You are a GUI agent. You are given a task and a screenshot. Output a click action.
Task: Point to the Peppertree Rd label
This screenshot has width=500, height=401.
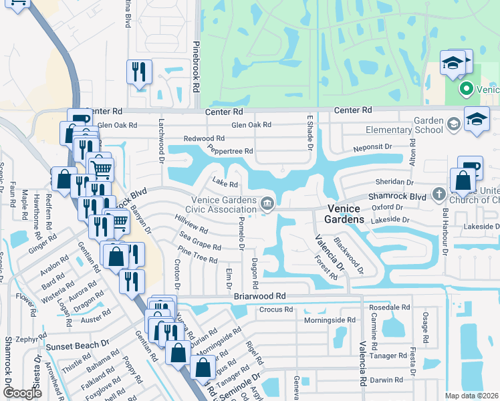pyautogui.click(x=230, y=150)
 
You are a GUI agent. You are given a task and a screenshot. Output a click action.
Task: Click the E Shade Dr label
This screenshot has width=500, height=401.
pyautogui.click(x=309, y=131)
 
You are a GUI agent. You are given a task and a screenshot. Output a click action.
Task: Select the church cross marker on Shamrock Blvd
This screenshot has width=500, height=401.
pyautogui.click(x=439, y=194)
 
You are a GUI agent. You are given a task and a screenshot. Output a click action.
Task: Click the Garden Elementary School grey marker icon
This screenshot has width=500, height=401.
pyautogui.click(x=454, y=124)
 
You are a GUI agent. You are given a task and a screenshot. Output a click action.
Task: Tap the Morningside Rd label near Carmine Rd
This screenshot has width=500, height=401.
pyautogui.click(x=335, y=320)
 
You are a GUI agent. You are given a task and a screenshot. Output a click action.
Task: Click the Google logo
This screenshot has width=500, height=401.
pyautogui.click(x=22, y=393)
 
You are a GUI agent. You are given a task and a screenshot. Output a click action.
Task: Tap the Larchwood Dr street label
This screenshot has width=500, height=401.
pyautogui.click(x=161, y=141)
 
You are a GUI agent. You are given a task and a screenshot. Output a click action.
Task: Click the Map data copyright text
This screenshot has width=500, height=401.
pyautogui.click(x=471, y=396)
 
